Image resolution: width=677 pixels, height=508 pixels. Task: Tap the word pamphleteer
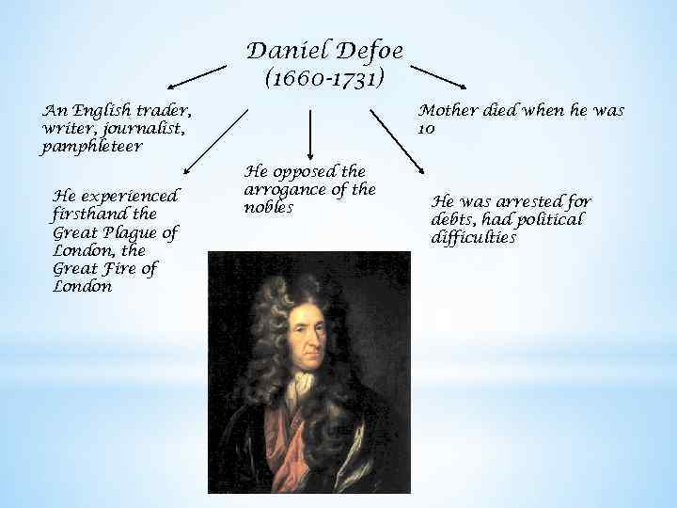[92, 147]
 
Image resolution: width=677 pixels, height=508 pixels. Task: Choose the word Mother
[449, 110]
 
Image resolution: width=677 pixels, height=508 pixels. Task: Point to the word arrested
[528, 200]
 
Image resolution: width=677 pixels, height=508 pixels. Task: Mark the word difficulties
[474, 237]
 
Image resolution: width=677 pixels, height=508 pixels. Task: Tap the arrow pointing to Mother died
[446, 77]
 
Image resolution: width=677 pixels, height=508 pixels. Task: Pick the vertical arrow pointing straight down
[312, 133]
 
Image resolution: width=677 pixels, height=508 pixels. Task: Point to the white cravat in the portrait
[303, 381]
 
